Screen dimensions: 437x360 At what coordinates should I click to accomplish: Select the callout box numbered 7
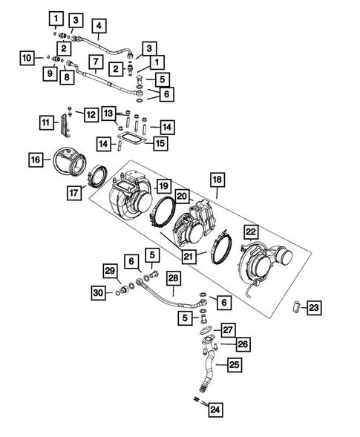pyautogui.click(x=96, y=60)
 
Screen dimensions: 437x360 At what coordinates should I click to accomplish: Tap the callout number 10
pyautogui.click(x=26, y=57)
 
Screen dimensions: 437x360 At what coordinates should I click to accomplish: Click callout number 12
pyautogui.click(x=91, y=114)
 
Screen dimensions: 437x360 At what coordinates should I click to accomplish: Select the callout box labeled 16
pyautogui.click(x=35, y=159)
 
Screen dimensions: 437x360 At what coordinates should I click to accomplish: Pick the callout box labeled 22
pyautogui.click(x=251, y=232)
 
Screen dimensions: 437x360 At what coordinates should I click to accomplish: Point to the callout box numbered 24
pyautogui.click(x=215, y=408)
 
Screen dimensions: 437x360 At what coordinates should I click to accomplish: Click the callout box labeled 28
pyautogui.click(x=173, y=279)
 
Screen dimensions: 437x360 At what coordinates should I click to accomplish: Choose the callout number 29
pyautogui.click(x=110, y=270)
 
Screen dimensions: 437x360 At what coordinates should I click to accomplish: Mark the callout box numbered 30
pyautogui.click(x=99, y=292)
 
